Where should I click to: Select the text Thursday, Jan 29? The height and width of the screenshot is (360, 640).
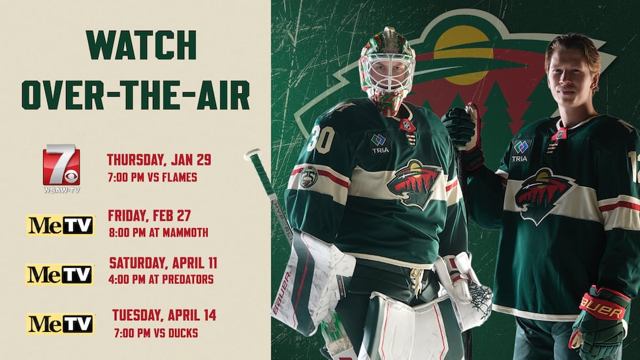(x=159, y=159)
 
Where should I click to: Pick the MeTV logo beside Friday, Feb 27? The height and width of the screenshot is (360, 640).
(x=61, y=225)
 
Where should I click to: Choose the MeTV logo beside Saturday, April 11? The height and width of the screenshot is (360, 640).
(x=60, y=274)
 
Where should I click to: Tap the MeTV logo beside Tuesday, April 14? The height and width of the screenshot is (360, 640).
(x=61, y=323)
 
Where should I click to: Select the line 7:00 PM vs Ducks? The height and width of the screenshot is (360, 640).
(x=155, y=333)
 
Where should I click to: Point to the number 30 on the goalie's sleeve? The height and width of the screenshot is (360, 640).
(x=321, y=139)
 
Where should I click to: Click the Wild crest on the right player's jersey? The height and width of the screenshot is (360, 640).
(x=544, y=193)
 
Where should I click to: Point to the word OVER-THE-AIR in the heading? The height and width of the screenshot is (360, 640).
(x=136, y=95)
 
